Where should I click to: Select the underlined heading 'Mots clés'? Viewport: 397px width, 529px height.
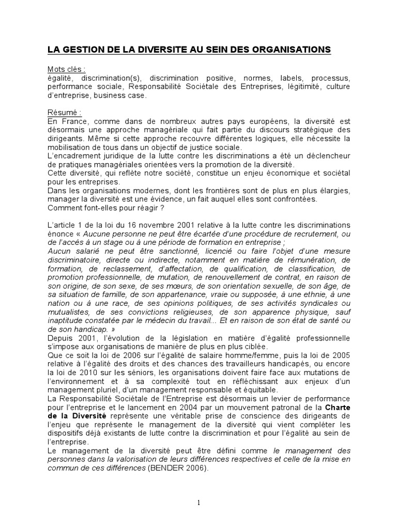(x=66, y=70)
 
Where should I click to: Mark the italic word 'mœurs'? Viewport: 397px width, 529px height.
(x=163, y=286)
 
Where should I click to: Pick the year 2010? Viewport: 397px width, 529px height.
(x=82, y=372)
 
